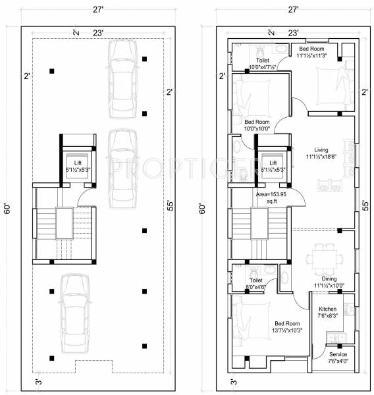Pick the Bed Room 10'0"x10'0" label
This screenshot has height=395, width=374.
(257, 126)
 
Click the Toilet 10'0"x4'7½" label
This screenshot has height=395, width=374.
(261, 63)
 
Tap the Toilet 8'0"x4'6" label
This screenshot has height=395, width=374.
(256, 284)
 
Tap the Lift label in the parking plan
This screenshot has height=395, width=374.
(78, 166)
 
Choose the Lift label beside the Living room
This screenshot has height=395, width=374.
(273, 166)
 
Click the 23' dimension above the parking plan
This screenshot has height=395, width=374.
(96, 32)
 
